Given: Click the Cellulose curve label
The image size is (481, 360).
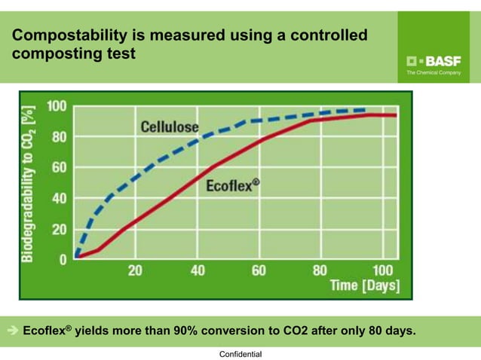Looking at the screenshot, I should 170,126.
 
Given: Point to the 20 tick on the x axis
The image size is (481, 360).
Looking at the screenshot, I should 136,270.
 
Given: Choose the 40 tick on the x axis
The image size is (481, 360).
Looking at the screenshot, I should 198,270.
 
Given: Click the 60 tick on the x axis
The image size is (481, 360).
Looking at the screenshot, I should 259,270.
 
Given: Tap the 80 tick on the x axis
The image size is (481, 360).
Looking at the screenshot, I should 320,270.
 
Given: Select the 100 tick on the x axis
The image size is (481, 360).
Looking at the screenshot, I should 381,270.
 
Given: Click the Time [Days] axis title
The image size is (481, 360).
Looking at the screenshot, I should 365,286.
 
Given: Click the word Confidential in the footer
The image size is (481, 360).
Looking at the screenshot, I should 240,353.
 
